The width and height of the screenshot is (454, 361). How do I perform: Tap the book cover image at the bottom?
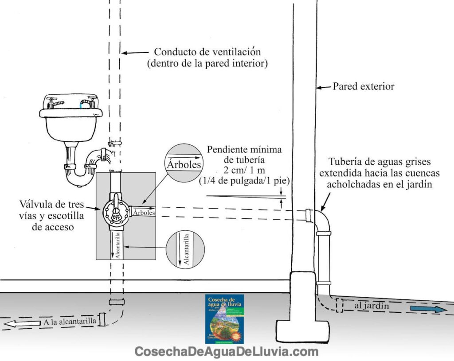(x=225, y=318)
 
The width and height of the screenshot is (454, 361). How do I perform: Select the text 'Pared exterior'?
(x=363, y=86)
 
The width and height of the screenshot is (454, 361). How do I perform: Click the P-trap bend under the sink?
(x=78, y=175)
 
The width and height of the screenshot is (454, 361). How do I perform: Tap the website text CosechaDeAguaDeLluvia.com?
(x=227, y=352)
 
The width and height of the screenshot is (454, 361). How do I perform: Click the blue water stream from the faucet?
(x=82, y=105)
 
